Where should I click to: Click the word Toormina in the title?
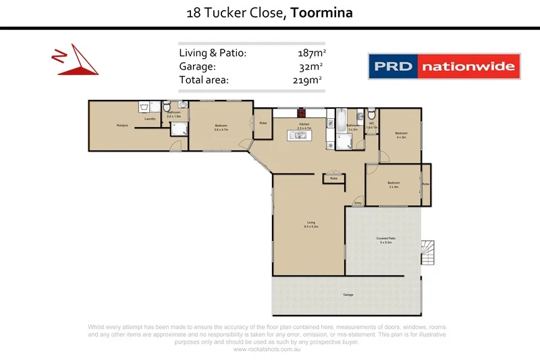321,13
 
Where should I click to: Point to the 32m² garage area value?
310,66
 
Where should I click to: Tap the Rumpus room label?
122,125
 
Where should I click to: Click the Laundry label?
150,120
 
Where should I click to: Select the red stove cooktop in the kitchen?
303,114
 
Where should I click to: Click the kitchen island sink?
298,136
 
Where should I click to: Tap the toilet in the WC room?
372,113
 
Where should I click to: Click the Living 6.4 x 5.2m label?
311,224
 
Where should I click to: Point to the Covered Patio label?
386,240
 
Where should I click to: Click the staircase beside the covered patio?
428,252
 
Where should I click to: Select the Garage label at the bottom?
348,295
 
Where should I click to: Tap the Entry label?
358,203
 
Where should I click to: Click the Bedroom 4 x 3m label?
401,135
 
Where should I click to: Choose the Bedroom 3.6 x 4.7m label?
221,127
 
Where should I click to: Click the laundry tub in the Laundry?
144,107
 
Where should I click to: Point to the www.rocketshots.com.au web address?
266,349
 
